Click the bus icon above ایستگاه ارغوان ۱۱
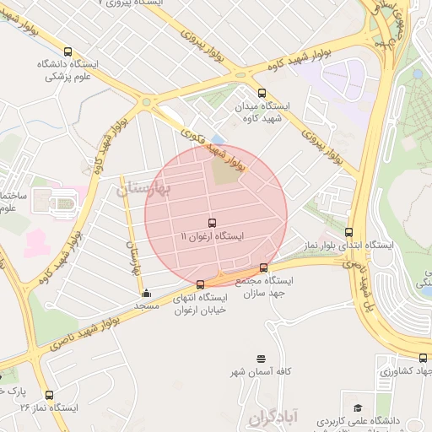pos(210,222)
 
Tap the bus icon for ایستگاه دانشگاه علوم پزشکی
pos(67,51)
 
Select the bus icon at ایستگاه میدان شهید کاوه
pos(262,94)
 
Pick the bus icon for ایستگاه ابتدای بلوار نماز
pos(349,232)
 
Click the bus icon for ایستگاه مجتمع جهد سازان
pos(264,268)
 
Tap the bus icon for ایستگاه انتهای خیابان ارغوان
pos(200,284)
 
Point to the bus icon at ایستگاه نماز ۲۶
pos(49,394)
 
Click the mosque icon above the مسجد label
pos(148,293)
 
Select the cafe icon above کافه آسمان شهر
pos(261,359)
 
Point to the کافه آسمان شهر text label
pos(262,372)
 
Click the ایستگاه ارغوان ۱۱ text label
pos(212,237)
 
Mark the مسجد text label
pos(147,305)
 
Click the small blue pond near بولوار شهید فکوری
pos(219,139)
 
